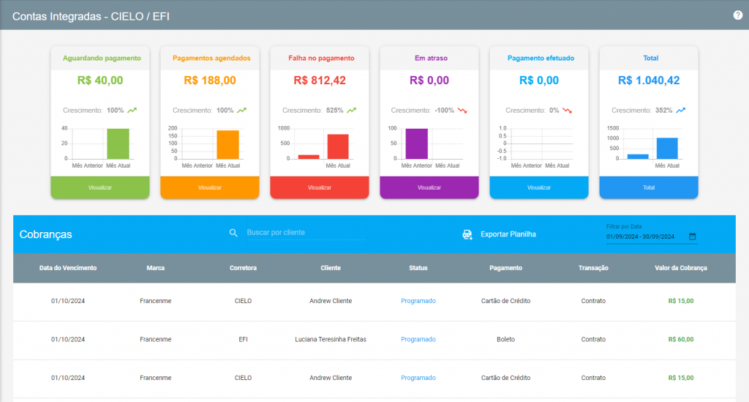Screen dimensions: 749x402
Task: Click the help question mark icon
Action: [x=737, y=15]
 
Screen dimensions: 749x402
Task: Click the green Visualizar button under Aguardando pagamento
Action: [x=99, y=187]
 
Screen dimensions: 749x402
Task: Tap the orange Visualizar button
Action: [x=210, y=187]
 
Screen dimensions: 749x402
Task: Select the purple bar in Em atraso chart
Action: [x=416, y=144]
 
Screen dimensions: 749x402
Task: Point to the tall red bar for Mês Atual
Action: [x=338, y=146]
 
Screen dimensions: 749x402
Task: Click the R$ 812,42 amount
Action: [x=320, y=81]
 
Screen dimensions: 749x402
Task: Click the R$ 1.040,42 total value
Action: [x=649, y=81]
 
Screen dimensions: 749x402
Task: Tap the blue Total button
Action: [x=649, y=187]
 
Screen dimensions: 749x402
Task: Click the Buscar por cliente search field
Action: [x=306, y=232]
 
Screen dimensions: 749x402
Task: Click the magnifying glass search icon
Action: [x=233, y=233]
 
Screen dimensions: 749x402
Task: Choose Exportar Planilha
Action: [x=508, y=234]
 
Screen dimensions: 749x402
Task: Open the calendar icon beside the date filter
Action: [x=692, y=236]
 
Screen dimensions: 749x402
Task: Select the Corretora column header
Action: [x=243, y=268]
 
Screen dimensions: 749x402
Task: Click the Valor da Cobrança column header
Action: [x=681, y=268]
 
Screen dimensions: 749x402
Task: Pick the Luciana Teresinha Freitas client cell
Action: [x=331, y=339]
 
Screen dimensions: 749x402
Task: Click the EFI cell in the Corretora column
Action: [x=243, y=339]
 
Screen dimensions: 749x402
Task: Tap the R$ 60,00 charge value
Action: [x=681, y=339]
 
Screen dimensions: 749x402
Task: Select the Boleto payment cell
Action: [x=505, y=339]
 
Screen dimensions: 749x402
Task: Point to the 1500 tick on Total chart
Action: [x=613, y=128]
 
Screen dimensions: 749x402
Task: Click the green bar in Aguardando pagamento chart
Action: [x=118, y=144]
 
